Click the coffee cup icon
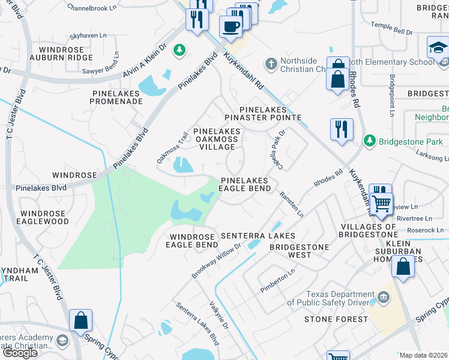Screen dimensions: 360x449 coord(231,26)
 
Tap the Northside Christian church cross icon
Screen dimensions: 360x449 coord(271,63)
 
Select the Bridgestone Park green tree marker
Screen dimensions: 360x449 coord(369,140)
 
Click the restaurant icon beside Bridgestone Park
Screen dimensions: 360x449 coord(341,129)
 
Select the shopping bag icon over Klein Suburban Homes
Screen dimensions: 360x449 coord(403,266)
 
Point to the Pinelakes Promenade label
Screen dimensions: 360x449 coord(118,97)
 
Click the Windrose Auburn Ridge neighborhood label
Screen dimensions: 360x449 coord(65,53)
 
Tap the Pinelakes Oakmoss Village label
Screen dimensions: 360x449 coord(217,139)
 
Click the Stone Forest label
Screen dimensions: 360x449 coord(336,319)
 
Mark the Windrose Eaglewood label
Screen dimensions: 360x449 coord(44,217)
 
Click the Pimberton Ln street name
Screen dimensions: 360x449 coord(277,281)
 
